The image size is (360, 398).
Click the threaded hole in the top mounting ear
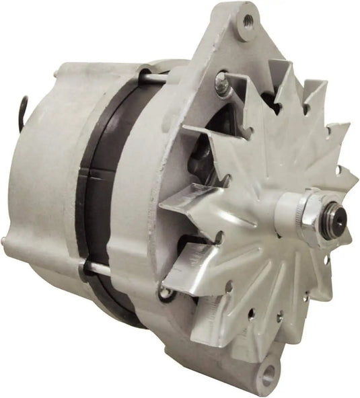[x=248, y=19]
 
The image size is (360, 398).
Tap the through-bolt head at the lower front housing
[x=166, y=292]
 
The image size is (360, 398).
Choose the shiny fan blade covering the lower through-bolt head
[x=192, y=266]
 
